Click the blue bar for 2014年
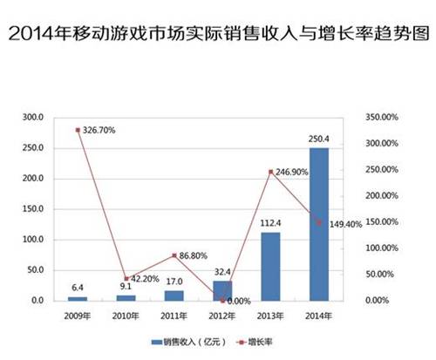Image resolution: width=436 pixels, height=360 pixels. point(319,224)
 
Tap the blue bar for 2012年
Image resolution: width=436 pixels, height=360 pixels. point(222,290)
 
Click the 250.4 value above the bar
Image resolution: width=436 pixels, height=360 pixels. point(319,139)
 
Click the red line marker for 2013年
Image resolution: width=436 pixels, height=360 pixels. point(271,172)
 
